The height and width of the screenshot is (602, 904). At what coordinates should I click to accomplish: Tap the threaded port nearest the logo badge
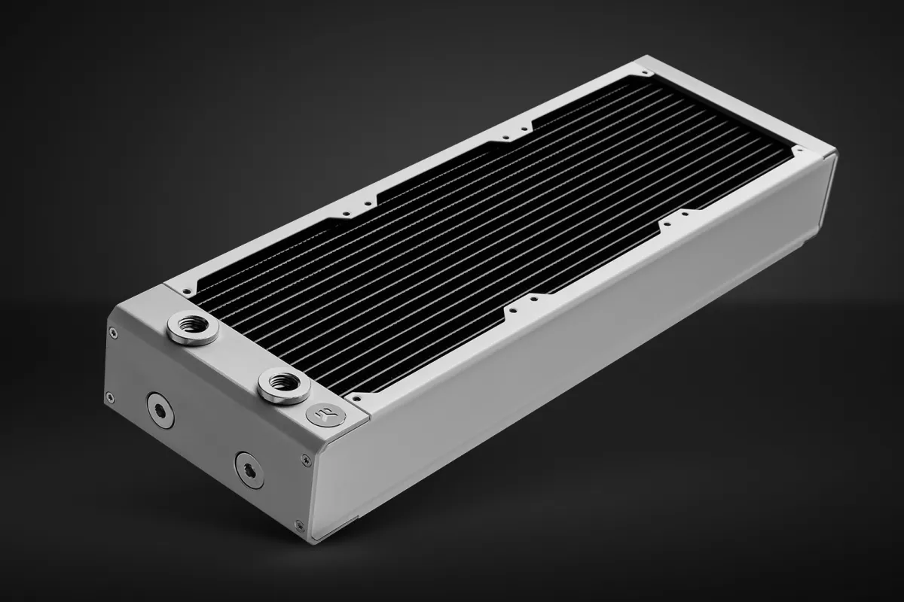[283, 385]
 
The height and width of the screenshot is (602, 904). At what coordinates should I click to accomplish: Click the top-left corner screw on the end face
[113, 332]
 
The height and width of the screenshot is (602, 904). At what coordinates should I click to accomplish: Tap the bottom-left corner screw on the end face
[110, 397]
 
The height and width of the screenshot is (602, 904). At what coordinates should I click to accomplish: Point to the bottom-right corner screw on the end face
[300, 524]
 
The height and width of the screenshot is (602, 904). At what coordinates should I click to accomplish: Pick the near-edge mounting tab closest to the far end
[675, 222]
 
